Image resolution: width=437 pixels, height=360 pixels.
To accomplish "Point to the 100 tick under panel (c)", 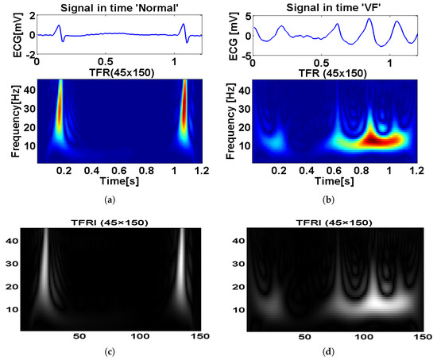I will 146,337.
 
